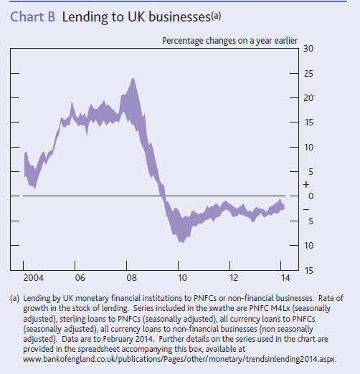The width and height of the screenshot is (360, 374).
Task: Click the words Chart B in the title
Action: point(33,17)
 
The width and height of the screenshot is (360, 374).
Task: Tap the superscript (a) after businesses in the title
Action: point(216,16)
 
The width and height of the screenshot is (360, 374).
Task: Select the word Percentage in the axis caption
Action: point(183,41)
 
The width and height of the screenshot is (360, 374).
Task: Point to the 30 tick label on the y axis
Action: point(308,49)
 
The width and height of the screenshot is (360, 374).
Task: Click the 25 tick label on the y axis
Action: point(308,74)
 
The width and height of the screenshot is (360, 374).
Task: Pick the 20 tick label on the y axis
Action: point(308,98)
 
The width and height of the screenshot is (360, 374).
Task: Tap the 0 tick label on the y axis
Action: point(311,196)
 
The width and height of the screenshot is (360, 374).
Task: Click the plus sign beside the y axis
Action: point(306,185)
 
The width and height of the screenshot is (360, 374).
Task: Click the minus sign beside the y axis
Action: point(306,209)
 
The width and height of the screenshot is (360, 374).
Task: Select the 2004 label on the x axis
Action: point(34,278)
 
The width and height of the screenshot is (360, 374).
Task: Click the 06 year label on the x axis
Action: point(80,278)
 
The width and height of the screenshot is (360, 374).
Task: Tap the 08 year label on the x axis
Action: point(131,278)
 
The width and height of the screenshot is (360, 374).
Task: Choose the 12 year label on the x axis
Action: point(234,278)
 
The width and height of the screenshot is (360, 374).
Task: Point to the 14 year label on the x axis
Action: point(285,278)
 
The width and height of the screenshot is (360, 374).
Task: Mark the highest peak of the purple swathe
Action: point(133,79)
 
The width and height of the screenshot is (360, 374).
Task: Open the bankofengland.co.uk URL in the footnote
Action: point(180,360)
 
